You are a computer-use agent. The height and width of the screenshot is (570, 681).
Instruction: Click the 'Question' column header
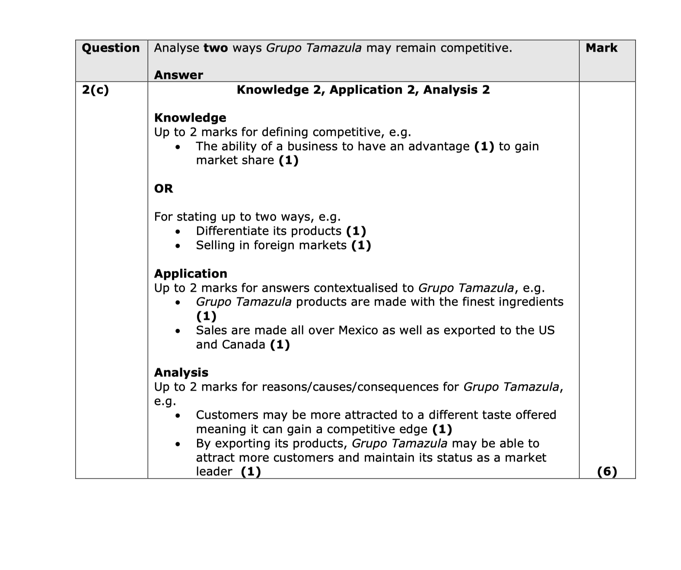[x=111, y=48]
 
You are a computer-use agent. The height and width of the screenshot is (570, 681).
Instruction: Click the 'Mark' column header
[x=601, y=48]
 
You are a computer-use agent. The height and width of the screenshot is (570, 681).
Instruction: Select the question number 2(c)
[x=95, y=90]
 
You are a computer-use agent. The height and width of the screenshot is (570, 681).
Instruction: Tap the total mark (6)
[x=607, y=472]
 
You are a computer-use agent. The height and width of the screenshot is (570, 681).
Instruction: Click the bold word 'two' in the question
[x=216, y=48]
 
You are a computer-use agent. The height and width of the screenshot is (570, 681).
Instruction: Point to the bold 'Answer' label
[x=178, y=75]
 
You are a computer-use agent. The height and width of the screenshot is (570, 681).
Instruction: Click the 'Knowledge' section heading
[x=190, y=118]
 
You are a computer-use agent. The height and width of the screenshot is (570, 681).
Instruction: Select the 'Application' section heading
[x=191, y=274]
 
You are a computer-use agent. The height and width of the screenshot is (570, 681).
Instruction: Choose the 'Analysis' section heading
[x=181, y=373]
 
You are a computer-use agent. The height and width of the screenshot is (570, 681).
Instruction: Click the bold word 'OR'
[x=163, y=189]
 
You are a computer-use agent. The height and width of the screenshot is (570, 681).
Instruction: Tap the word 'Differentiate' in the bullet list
[x=232, y=231]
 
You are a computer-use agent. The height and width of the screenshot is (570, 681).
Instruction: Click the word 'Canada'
[x=243, y=345]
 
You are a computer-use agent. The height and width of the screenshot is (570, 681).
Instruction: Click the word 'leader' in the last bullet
[x=214, y=472]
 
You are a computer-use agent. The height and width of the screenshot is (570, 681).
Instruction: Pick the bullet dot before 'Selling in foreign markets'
[x=177, y=246]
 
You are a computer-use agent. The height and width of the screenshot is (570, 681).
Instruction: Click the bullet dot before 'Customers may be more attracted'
[x=177, y=416]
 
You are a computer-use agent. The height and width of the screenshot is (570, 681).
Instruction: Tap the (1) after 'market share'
[x=289, y=161]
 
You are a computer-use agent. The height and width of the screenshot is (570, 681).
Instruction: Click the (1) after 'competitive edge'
[x=442, y=429]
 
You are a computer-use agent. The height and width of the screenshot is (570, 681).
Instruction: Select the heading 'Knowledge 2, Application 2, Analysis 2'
[x=363, y=90]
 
